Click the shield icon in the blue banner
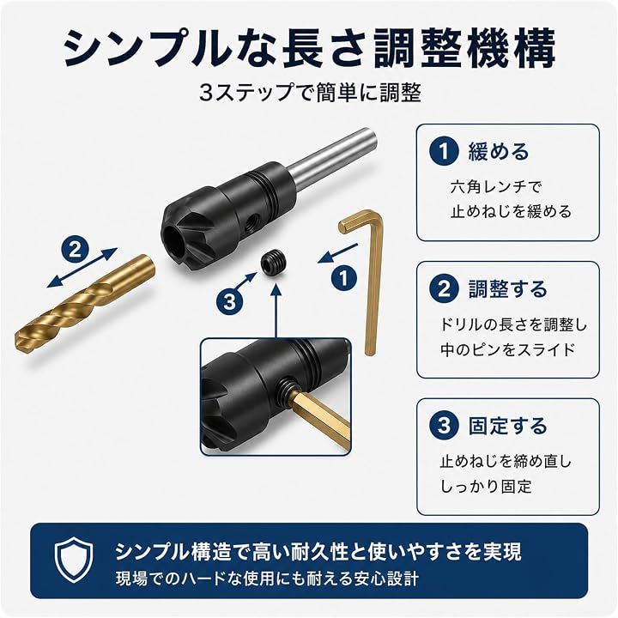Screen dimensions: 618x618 (x=74, y=561)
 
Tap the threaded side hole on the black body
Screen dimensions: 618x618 (x=250, y=223)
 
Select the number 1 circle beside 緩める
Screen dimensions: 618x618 (x=445, y=151)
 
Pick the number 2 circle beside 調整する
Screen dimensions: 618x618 (x=445, y=289)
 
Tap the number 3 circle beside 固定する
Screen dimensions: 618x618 (x=445, y=426)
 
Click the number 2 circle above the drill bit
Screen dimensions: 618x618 (x=75, y=250)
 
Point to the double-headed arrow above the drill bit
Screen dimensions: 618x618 (x=82, y=268)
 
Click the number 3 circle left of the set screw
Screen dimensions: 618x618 (x=230, y=303)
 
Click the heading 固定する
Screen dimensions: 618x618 (x=507, y=426)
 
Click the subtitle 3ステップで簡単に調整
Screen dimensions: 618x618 (x=310, y=94)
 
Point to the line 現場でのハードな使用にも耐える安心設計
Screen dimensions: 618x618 (x=267, y=579)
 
